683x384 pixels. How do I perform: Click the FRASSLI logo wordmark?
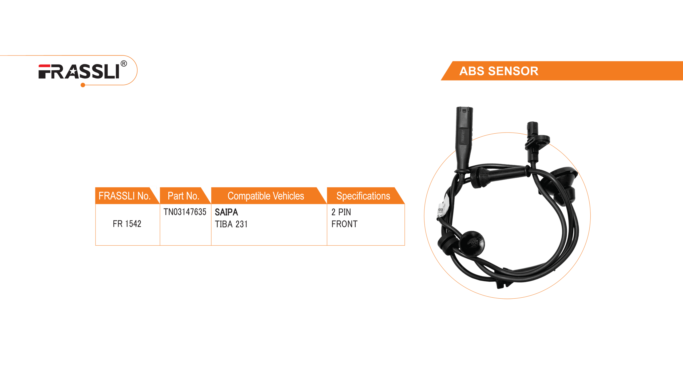coord(79,72)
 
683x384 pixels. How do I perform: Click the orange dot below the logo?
coord(83,85)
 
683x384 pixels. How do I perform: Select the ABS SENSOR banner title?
coord(499,71)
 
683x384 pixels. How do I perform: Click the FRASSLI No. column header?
coord(124,196)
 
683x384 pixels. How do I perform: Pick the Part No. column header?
coord(183,196)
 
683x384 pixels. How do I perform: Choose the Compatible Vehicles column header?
coord(266,196)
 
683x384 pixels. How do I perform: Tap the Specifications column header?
coord(363,196)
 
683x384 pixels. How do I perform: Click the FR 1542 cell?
coord(127,224)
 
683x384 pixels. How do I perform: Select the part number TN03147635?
coord(185,212)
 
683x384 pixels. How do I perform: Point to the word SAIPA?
coord(226,212)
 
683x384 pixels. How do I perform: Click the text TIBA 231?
coord(231,224)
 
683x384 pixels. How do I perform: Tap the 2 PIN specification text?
coord(341,212)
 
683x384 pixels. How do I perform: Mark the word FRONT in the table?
coord(344,224)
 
